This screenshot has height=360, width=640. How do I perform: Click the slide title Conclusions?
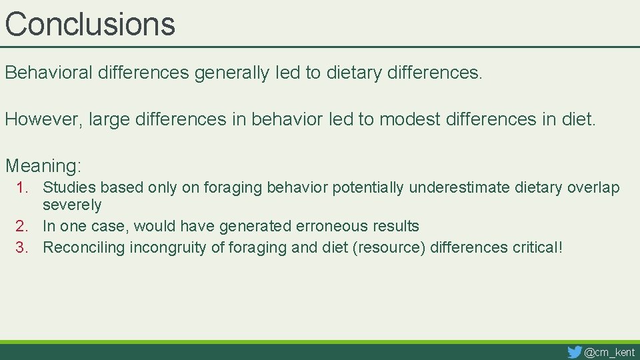tap(90, 23)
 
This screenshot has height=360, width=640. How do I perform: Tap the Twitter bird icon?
tap(574, 351)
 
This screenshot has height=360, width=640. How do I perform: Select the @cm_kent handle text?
tap(609, 352)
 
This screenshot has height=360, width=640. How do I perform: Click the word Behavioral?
tap(49, 73)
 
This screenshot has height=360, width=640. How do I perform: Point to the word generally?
tap(232, 73)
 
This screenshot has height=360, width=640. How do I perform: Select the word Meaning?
tap(43, 165)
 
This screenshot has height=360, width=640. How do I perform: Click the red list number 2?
tap(22, 227)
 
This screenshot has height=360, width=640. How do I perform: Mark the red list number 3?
tap(22, 248)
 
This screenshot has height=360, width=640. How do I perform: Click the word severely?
tap(72, 205)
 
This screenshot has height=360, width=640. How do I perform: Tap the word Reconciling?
tap(84, 248)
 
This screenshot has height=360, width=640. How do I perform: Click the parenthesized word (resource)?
tap(389, 248)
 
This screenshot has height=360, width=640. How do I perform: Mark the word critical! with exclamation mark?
tap(538, 248)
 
